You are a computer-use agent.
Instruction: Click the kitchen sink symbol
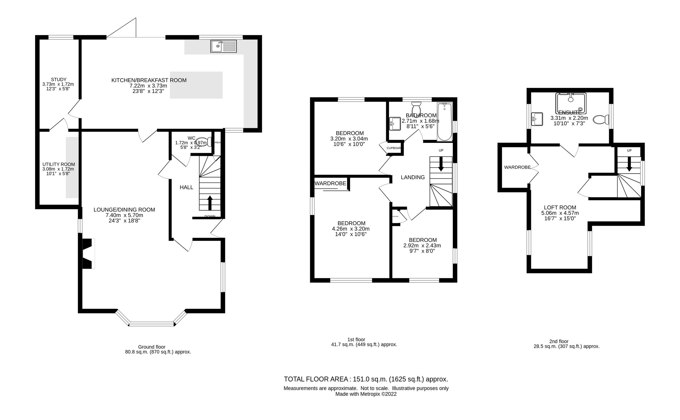(x=223, y=46)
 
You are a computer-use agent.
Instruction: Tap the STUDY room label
(x=59, y=80)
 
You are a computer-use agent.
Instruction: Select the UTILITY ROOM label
(x=59, y=164)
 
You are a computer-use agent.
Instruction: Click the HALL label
(x=186, y=187)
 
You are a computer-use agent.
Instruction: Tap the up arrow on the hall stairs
(x=210, y=202)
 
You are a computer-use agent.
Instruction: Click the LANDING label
(x=413, y=178)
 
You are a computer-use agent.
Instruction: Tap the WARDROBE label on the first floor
(x=330, y=183)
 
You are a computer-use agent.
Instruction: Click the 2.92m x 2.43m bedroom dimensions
(x=422, y=246)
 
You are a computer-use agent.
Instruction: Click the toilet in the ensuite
(x=601, y=119)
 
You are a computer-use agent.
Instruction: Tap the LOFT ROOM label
(x=560, y=208)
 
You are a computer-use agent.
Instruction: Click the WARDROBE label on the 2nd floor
(x=517, y=167)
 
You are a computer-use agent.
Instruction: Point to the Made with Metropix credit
(x=366, y=394)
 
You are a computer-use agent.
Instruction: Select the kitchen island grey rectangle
(x=196, y=85)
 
